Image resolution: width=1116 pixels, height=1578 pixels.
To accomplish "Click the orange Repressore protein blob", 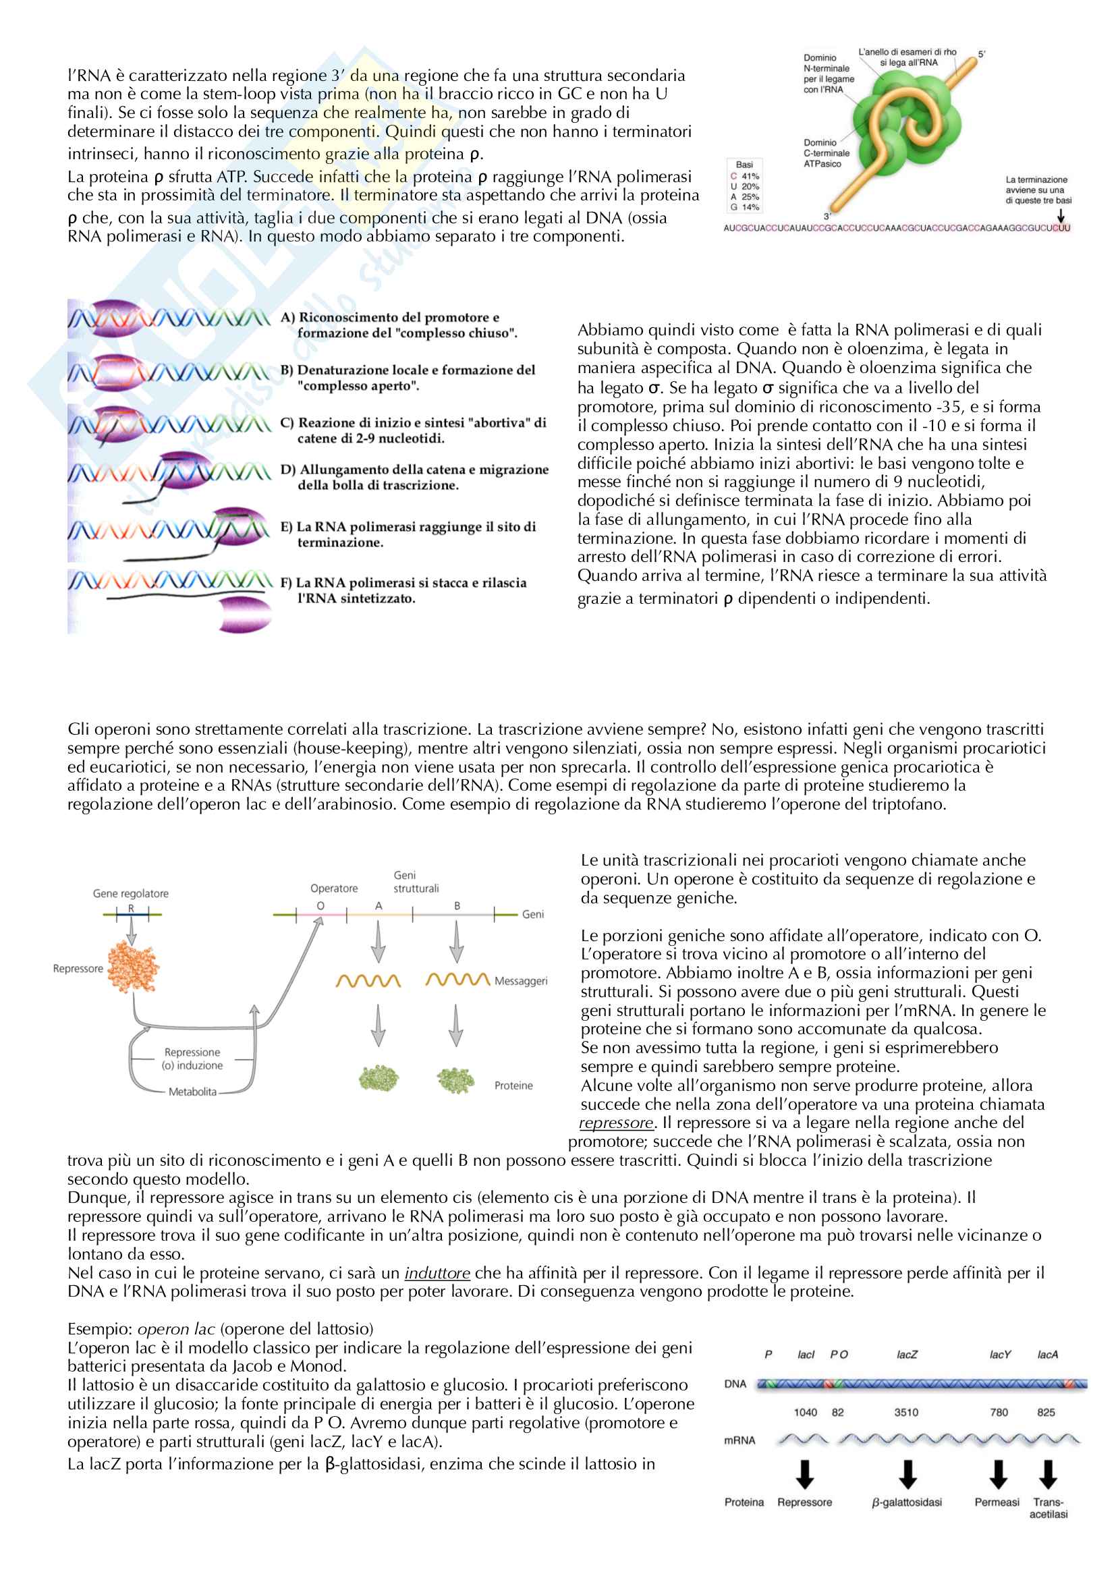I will (x=134, y=967).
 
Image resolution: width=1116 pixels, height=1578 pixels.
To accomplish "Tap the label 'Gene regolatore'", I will (x=131, y=893).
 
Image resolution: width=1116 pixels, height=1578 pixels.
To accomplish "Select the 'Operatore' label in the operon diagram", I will (x=334, y=888).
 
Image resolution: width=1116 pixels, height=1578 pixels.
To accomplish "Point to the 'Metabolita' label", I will (x=192, y=1092).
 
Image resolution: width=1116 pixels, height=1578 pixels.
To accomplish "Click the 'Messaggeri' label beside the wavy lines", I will (x=521, y=981).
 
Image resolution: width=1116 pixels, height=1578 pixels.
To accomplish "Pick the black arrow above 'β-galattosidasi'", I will (x=908, y=1473).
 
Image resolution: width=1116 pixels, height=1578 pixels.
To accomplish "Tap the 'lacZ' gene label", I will (x=906, y=1355).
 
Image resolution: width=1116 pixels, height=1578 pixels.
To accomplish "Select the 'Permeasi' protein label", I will (x=997, y=1502).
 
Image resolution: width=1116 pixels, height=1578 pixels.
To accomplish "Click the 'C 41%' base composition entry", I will (x=745, y=176).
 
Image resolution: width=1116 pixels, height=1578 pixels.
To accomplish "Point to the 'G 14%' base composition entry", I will (x=745, y=207).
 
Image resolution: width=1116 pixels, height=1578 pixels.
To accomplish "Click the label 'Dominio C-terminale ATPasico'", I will (x=826, y=153).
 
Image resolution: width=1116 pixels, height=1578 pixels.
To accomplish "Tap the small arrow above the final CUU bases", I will (x=1061, y=215).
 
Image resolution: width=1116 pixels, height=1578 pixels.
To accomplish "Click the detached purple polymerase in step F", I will (x=245, y=614).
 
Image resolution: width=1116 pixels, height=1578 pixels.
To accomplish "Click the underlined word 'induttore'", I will (x=437, y=1273).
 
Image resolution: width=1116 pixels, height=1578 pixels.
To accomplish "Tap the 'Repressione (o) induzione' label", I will (x=192, y=1059).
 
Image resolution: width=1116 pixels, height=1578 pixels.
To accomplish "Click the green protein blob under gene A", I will (x=379, y=1077).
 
